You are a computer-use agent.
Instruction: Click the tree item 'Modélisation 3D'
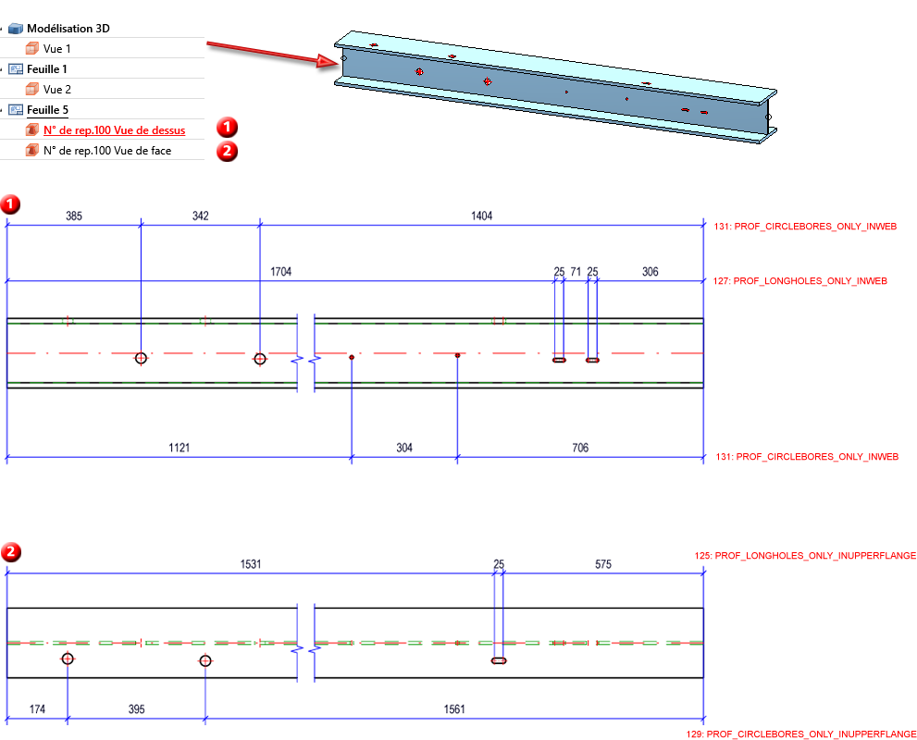(x=68, y=29)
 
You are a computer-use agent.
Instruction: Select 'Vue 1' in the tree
(x=56, y=48)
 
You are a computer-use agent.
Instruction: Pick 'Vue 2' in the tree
(x=56, y=90)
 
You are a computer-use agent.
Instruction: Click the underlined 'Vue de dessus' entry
(x=114, y=130)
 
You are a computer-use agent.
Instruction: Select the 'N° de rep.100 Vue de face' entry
(x=106, y=150)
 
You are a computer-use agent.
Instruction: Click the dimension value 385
(x=74, y=216)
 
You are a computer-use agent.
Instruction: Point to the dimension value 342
(x=200, y=216)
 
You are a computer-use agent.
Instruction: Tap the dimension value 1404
(x=481, y=216)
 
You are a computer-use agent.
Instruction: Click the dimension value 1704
(x=281, y=272)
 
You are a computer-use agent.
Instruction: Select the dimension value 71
(x=576, y=272)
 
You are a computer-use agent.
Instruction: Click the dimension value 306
(x=651, y=272)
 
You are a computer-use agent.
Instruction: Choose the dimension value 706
(x=579, y=448)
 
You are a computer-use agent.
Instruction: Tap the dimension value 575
(x=601, y=564)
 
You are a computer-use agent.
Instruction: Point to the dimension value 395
(x=136, y=709)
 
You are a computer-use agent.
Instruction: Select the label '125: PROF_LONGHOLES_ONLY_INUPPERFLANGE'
(x=805, y=556)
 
